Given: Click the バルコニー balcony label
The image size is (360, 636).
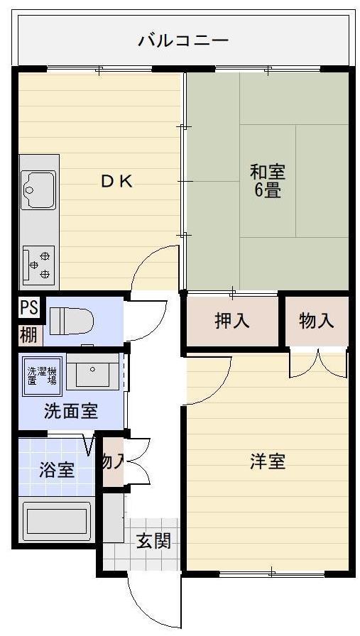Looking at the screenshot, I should coord(183,40).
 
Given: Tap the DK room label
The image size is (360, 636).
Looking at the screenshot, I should coord(116,181).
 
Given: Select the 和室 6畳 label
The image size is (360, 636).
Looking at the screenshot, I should coord(267,181).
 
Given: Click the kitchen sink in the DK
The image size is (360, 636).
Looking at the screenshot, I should coord(38,190).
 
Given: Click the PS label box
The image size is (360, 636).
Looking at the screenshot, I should coord(29,307).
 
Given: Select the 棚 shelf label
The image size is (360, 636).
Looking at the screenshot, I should coord(29,333).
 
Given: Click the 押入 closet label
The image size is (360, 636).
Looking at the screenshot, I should coord(232,321).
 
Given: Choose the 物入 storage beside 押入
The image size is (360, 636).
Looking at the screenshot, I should coord(316,321).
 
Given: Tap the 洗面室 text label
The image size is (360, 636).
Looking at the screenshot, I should coord(71,411).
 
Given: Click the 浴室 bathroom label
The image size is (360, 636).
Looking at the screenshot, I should coord(57,469).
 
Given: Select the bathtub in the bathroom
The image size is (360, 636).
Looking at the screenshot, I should coord(57,521).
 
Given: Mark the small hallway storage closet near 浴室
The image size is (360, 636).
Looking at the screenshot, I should coord(114,461).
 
